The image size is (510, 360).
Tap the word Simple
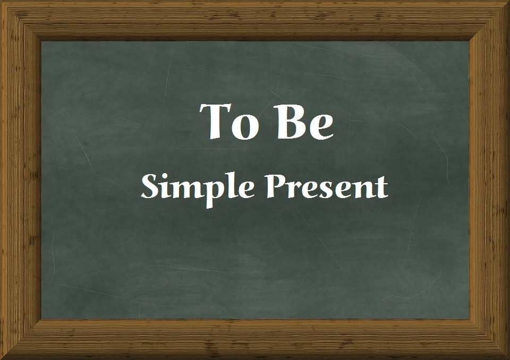click(x=196, y=187)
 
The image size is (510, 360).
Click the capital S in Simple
click(x=150, y=186)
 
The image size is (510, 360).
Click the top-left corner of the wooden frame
click(x=2, y=2)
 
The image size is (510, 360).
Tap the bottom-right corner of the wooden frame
click(x=507, y=357)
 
